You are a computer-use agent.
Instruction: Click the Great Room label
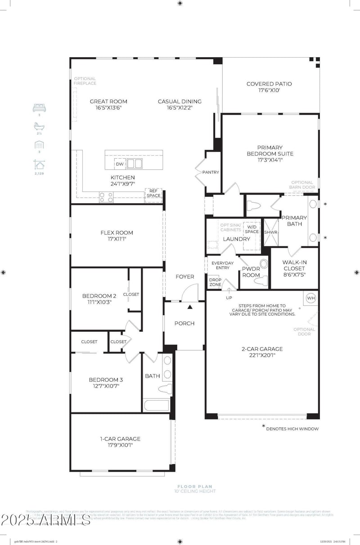click(108, 102)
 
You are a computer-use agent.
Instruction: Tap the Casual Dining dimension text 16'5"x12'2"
click(180, 108)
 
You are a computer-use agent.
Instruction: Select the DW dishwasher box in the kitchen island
click(119, 164)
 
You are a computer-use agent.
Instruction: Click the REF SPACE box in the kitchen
click(153, 193)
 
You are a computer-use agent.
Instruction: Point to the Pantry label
click(211, 172)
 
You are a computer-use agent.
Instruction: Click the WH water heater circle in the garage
click(311, 298)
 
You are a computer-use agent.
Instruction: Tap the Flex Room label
click(117, 233)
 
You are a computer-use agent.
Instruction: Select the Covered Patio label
click(269, 84)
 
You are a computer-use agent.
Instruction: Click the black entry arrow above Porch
click(190, 307)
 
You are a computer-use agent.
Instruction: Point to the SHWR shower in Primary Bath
click(270, 232)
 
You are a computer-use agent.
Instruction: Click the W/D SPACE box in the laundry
click(252, 229)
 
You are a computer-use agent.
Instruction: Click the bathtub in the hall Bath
click(156, 404)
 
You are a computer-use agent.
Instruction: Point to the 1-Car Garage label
click(120, 439)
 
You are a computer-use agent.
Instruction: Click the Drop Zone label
click(215, 282)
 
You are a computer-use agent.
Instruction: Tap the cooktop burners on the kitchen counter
click(106, 197)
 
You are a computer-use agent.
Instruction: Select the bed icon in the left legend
click(40, 108)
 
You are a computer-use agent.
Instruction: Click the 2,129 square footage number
click(40, 173)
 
